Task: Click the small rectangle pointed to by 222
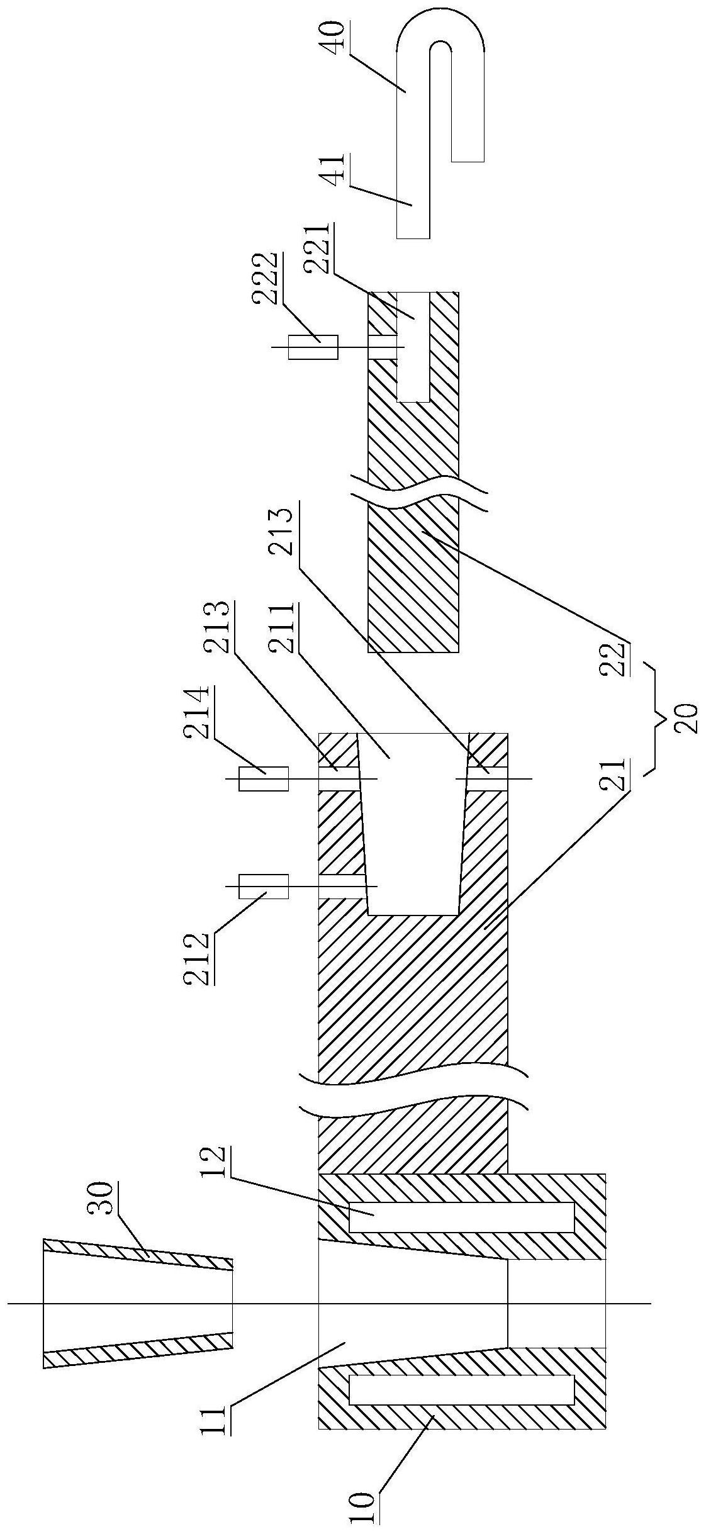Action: pos(313,347)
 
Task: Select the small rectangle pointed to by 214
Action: pos(263,778)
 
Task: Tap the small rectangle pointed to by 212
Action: pos(263,886)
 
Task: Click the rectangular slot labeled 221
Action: pos(413,346)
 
